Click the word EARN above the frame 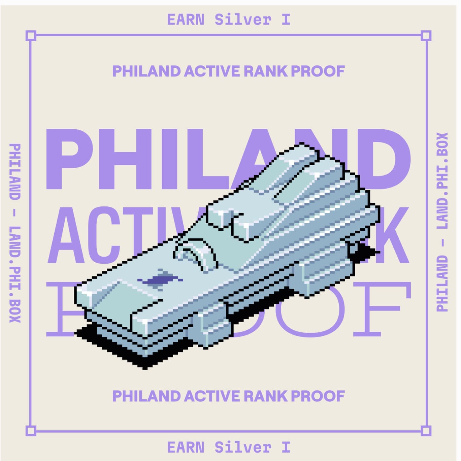pyautogui.click(x=186, y=20)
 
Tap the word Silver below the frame pyautogui.click(x=243, y=447)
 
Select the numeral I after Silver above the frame pyautogui.click(x=286, y=20)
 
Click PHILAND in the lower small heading pyautogui.click(x=146, y=396)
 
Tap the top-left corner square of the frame pyautogui.click(x=31, y=35)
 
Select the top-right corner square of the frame pyautogui.click(x=426, y=35)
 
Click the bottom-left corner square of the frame pyautogui.click(x=31, y=431)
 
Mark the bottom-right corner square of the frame pyautogui.click(x=426, y=431)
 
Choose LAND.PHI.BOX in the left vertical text pyautogui.click(x=15, y=274)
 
